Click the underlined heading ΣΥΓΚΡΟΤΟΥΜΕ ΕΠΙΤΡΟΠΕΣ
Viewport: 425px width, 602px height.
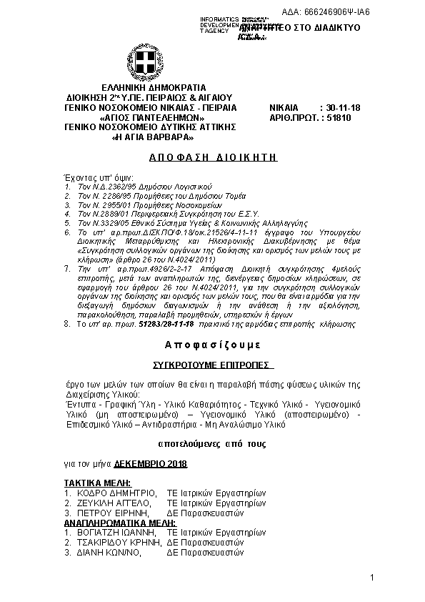pyautogui.click(x=211, y=365)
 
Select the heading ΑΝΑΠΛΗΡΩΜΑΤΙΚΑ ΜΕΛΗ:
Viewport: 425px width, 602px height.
pyautogui.click(x=119, y=523)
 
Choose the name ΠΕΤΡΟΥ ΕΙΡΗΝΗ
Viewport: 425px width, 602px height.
pyautogui.click(x=111, y=513)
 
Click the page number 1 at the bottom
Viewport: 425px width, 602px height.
pyautogui.click(x=373, y=577)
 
